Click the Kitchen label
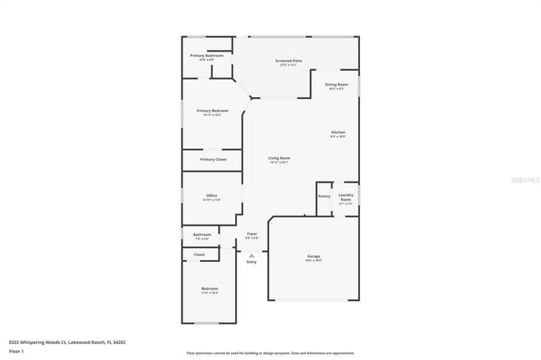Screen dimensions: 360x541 (x=338, y=133)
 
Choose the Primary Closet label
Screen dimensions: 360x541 (x=213, y=159)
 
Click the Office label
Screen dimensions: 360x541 (x=211, y=196)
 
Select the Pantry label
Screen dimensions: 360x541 (x=324, y=196)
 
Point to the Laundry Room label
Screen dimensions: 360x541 (x=346, y=199)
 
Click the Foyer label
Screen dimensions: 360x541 (x=252, y=234)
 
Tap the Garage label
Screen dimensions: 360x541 (x=314, y=256)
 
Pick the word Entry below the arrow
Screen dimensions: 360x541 (x=251, y=262)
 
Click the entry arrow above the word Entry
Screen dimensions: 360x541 (x=251, y=253)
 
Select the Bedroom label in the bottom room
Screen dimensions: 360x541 (x=210, y=290)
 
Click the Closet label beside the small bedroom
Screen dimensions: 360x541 (x=199, y=254)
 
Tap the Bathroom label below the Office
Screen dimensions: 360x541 (x=202, y=235)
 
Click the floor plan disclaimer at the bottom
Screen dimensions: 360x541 (x=270, y=352)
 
